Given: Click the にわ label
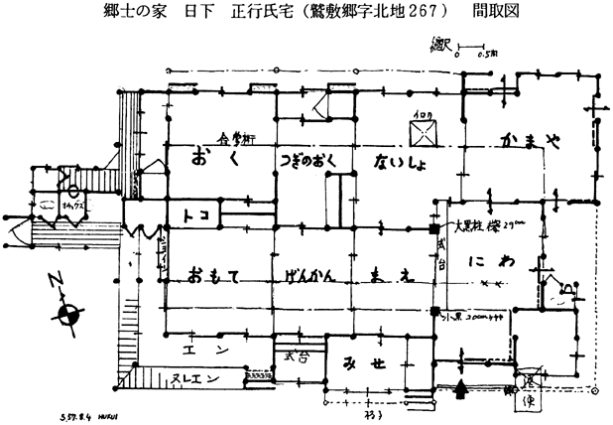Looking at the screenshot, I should [x=494, y=266].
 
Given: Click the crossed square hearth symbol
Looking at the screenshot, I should [x=418, y=133].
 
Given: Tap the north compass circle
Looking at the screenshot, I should [x=68, y=314].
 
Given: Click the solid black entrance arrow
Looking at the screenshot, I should [x=457, y=392].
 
